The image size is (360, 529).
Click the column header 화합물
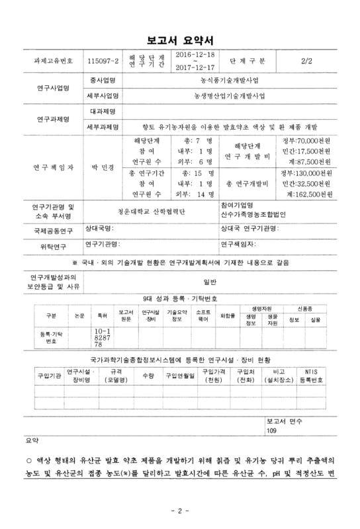228,316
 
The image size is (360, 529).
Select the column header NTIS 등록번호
310,377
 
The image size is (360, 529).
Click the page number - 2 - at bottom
180,511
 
